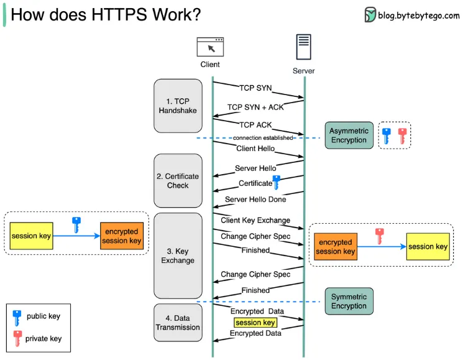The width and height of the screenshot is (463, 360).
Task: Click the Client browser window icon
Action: click(x=210, y=48)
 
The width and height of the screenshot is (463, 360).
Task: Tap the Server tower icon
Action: click(x=303, y=48)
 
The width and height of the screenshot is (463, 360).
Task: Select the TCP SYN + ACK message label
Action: click(x=255, y=107)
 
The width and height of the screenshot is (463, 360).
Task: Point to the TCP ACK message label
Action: click(x=255, y=124)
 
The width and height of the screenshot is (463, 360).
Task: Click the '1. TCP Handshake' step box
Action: click(x=178, y=106)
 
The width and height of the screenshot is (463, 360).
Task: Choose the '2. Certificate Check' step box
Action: click(x=178, y=181)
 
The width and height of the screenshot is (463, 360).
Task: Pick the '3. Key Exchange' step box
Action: click(x=178, y=256)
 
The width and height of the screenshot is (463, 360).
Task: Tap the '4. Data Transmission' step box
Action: click(x=178, y=323)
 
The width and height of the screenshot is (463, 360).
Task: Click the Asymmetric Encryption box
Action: click(x=349, y=135)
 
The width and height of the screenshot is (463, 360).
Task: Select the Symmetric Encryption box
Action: click(x=349, y=301)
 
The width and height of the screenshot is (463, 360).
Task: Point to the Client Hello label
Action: click(x=255, y=149)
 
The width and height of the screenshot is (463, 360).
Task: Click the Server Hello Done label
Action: click(x=255, y=200)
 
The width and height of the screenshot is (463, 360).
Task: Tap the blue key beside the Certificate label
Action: click(x=277, y=182)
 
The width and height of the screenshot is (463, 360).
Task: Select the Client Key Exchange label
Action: click(x=255, y=220)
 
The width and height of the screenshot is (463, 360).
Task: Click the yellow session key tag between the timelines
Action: click(x=255, y=323)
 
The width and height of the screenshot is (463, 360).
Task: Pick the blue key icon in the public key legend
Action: click(x=17, y=317)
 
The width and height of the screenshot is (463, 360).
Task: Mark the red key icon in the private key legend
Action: click(x=17, y=339)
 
